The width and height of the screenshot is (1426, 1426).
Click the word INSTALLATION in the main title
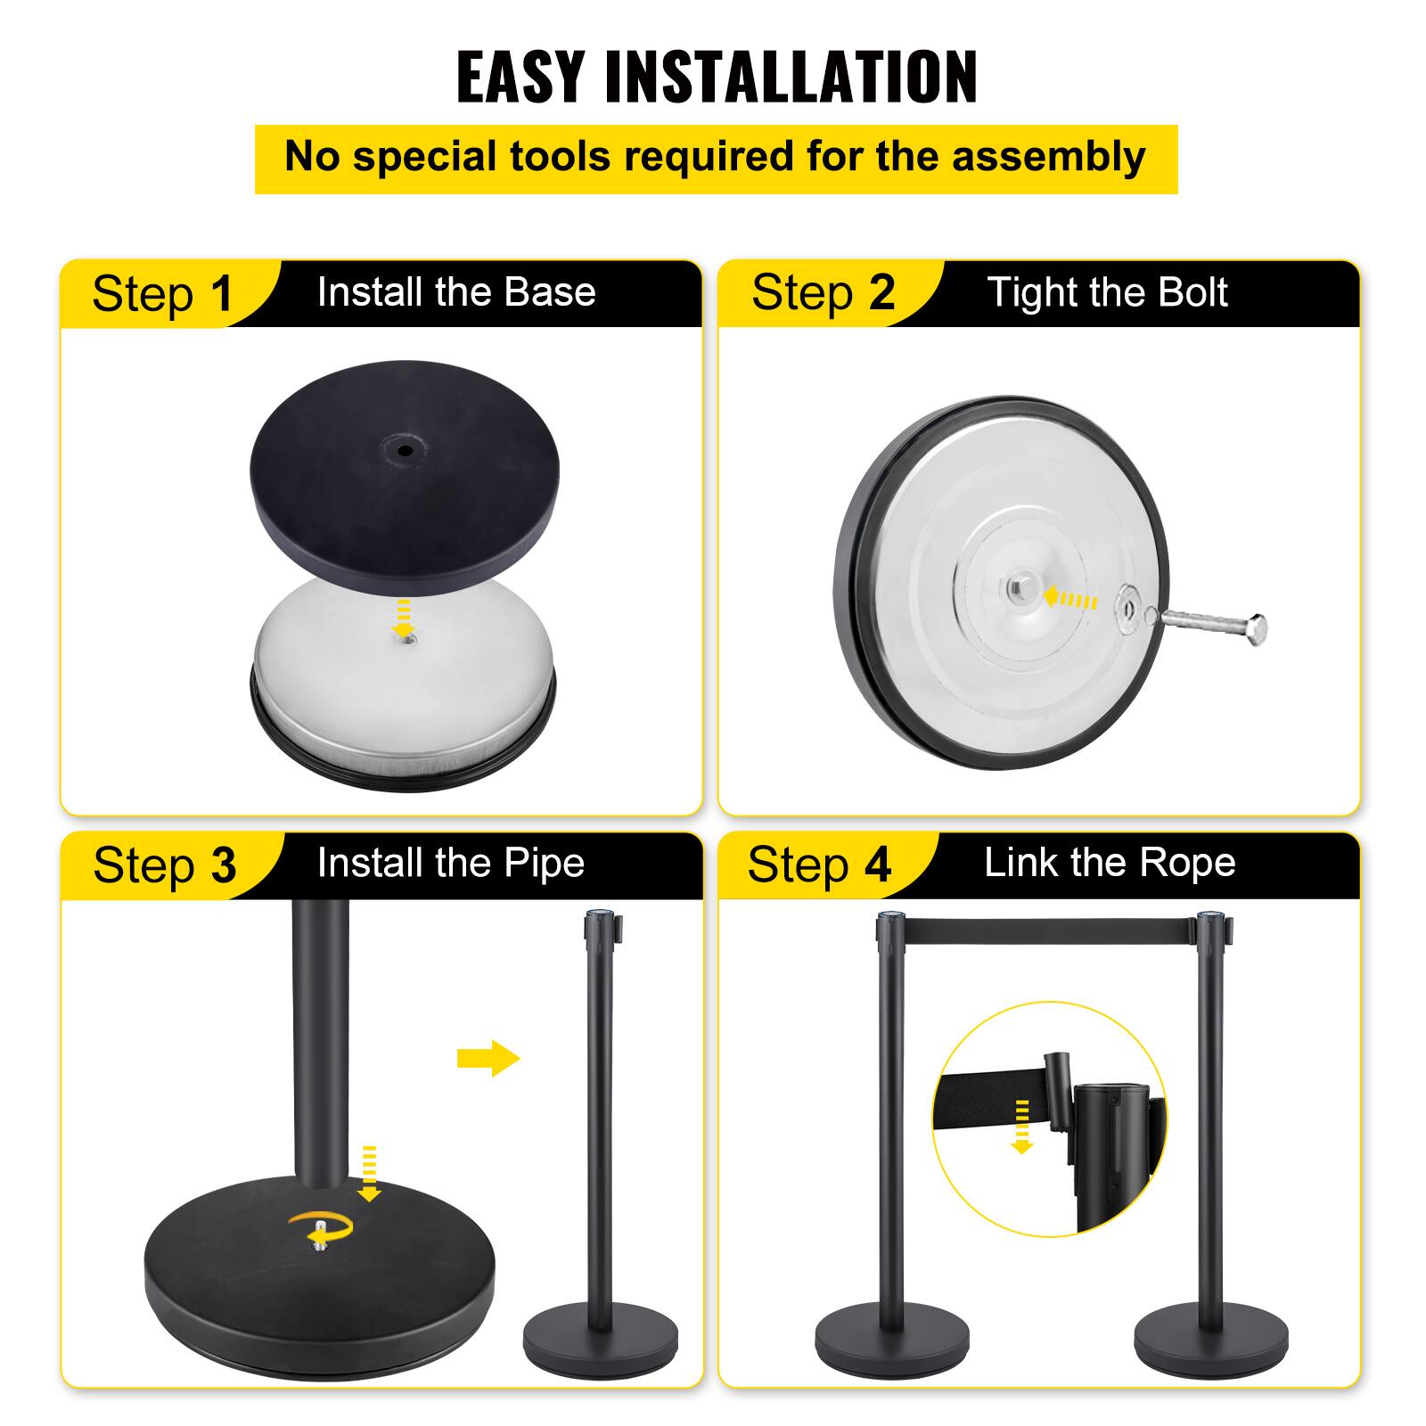click(791, 78)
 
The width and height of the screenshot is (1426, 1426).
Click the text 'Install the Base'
click(456, 292)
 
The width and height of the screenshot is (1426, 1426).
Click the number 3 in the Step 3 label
click(224, 865)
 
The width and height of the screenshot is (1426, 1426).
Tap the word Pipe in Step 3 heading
click(544, 863)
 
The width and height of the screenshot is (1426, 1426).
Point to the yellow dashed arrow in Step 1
click(404, 616)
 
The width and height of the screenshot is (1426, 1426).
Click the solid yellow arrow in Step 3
click(488, 1059)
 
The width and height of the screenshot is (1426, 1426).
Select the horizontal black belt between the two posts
click(1050, 930)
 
